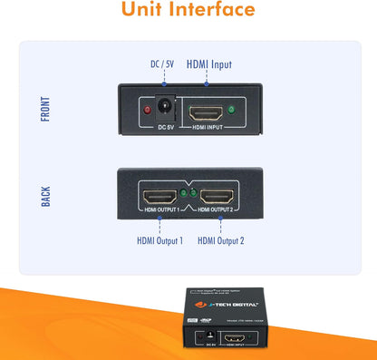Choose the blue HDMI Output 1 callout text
click(x=159, y=240)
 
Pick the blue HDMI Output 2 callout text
click(x=221, y=240)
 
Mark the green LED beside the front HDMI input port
click(x=232, y=111)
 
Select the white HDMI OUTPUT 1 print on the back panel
click(x=159, y=211)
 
